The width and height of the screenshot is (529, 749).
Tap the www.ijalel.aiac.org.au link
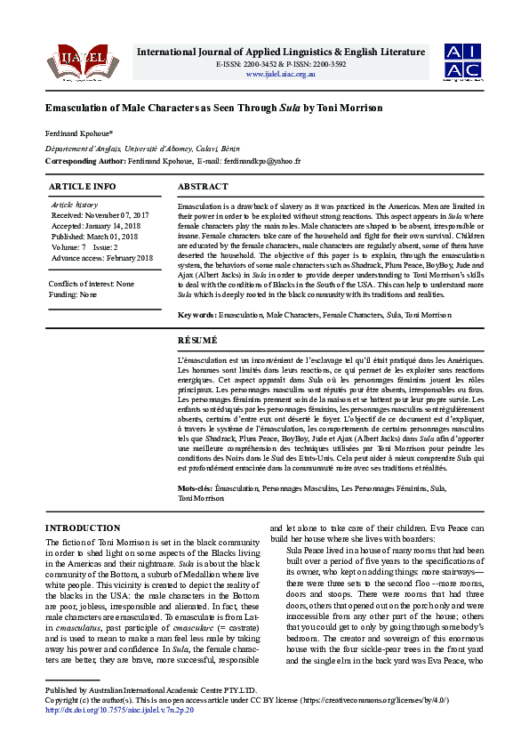281,74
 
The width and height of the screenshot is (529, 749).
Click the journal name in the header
281,52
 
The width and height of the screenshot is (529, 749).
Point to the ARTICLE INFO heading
82,187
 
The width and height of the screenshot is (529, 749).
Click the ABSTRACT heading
204,187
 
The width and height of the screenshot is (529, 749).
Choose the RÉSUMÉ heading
198,339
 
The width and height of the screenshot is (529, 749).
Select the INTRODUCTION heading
83,528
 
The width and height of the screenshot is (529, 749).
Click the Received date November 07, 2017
124,215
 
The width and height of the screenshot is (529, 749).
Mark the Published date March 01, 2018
121,237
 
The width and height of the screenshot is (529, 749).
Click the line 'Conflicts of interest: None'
92,284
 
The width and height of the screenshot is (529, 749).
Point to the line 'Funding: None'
74,294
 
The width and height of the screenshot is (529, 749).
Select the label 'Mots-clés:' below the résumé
196,488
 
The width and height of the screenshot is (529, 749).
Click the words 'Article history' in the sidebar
75,205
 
